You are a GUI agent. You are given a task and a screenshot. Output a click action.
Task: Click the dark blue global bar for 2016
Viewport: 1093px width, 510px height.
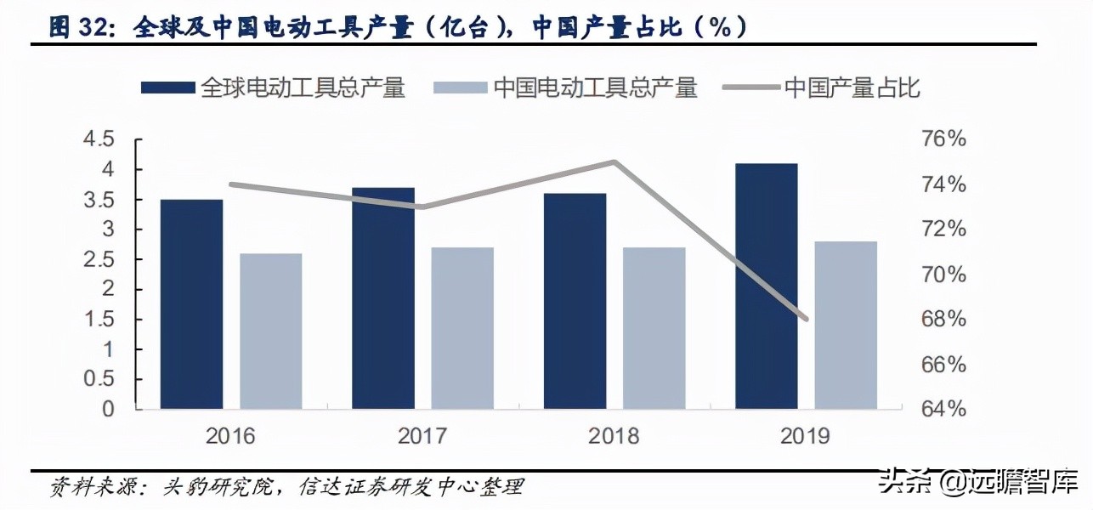click(x=191, y=304)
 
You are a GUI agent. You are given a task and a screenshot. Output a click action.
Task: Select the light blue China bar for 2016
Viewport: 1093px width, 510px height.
click(x=270, y=331)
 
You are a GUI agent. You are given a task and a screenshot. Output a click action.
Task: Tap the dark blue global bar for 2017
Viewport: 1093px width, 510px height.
click(x=383, y=298)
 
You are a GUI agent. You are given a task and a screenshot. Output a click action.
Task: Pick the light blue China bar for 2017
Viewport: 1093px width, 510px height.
click(x=462, y=328)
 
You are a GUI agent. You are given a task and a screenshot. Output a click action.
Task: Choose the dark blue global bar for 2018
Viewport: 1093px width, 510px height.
click(x=575, y=301)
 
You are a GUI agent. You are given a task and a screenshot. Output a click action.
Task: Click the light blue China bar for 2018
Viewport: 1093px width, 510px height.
click(x=654, y=328)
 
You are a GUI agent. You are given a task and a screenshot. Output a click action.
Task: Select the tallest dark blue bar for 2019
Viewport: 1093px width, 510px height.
click(x=767, y=286)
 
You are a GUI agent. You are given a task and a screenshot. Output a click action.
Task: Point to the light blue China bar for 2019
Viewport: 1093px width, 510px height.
click(x=846, y=326)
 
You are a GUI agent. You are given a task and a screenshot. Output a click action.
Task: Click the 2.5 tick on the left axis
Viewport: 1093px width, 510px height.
click(x=97, y=259)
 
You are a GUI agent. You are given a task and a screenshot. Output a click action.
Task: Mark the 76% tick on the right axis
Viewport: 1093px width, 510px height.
click(x=943, y=139)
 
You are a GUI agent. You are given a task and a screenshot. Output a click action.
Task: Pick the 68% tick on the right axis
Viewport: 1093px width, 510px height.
click(x=943, y=320)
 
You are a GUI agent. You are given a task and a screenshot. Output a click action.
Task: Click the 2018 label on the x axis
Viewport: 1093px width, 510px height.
click(x=614, y=436)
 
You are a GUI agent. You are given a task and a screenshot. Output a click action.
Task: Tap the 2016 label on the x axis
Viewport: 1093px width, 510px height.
click(x=230, y=436)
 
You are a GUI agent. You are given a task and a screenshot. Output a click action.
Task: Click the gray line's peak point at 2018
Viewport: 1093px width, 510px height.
click(x=614, y=161)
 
